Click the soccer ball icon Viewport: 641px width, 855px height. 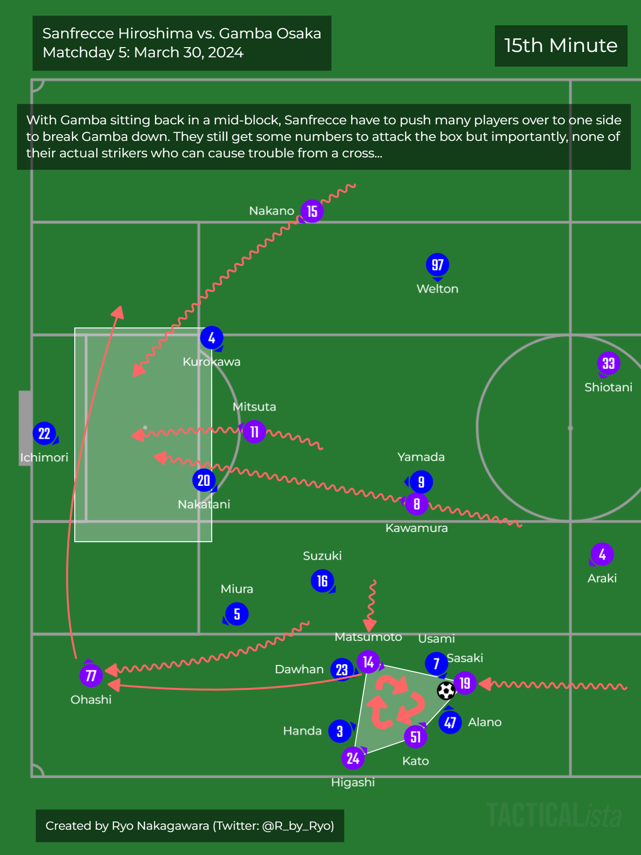[446, 690]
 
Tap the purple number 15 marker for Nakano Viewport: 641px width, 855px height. [312, 211]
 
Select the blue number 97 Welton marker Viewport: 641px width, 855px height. [437, 265]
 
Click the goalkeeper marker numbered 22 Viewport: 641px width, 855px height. [44, 433]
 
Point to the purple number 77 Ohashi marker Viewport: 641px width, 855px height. [91, 675]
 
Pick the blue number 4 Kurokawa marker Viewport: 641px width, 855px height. [211, 338]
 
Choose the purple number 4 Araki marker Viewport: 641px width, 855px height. [602, 554]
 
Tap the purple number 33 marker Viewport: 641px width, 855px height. [608, 363]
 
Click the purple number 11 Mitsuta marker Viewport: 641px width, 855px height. [254, 432]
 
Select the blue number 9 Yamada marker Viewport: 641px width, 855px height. [421, 482]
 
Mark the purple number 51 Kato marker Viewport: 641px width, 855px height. [416, 737]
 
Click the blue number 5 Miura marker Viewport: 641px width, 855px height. [237, 614]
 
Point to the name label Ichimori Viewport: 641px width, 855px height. [44, 458]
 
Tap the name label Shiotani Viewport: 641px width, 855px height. [608, 387]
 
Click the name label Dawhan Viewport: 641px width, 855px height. [299, 669]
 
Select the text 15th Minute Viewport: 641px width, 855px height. [561, 46]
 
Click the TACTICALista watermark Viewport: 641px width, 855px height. [554, 815]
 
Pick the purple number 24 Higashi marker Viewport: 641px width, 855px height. [353, 758]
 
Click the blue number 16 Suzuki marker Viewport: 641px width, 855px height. [322, 581]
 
